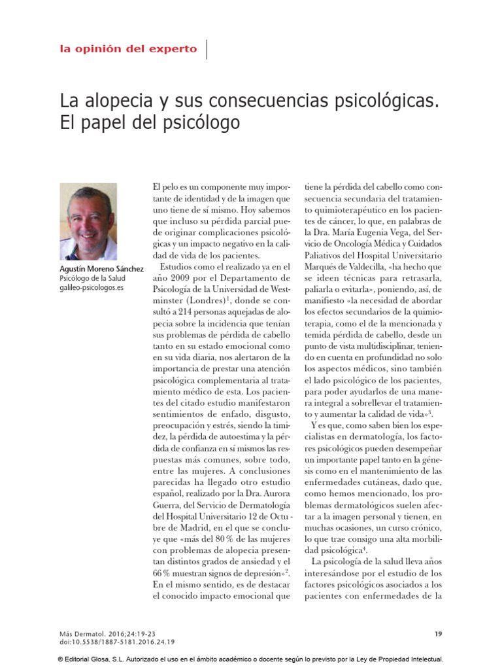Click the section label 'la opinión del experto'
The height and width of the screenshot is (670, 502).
point(128,48)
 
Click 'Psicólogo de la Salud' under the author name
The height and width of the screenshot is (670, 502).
point(94,278)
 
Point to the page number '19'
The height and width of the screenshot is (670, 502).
point(439,633)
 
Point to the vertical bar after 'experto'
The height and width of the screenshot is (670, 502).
point(207,48)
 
